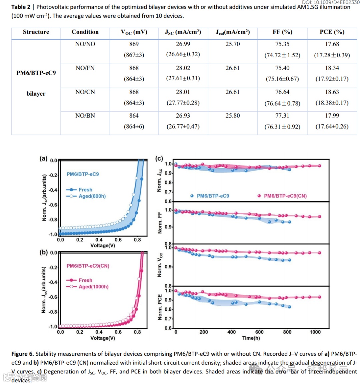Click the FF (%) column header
(x=282, y=32)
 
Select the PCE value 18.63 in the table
(x=332, y=92)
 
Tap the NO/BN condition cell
(x=85, y=116)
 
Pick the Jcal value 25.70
(x=232, y=44)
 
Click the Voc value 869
(x=134, y=44)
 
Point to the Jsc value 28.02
(x=183, y=68)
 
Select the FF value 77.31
(x=282, y=116)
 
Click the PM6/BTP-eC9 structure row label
(x=36, y=73)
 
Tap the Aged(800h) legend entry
(x=92, y=196)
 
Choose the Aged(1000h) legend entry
(x=93, y=287)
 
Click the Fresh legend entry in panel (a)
(x=85, y=190)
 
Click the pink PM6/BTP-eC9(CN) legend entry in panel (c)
(x=285, y=196)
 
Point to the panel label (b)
(x=44, y=252)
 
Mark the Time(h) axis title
(x=251, y=338)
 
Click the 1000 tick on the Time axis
(x=315, y=332)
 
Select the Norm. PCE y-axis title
(x=160, y=307)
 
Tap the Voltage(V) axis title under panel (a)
(x=103, y=246)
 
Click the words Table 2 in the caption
(x=21, y=7)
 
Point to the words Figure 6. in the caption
(x=23, y=354)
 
